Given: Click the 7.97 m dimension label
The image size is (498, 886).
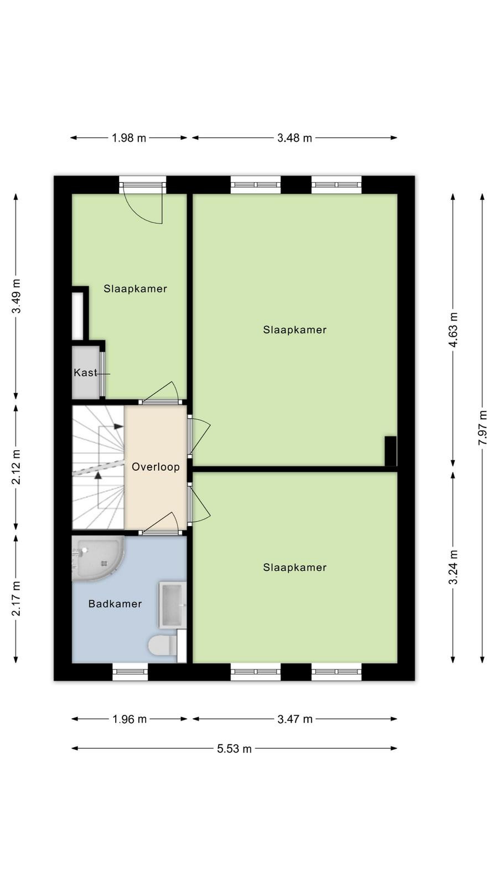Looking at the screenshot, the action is (482, 427).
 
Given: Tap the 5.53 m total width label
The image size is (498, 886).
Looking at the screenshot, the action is (234, 748).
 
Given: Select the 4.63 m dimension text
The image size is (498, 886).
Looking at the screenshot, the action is (453, 329).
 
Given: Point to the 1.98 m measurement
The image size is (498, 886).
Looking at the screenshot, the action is (129, 138).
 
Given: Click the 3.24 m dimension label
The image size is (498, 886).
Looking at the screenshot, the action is (453, 567).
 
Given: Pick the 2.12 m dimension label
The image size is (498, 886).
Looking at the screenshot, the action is (16, 467).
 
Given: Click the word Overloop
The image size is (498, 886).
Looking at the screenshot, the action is (155, 467).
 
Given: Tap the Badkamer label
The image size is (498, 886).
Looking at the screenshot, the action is (115, 604).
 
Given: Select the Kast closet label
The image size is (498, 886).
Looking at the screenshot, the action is (85, 373).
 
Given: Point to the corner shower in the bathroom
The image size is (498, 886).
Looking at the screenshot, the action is (98, 559).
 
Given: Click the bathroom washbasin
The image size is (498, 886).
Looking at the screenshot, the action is (173, 605).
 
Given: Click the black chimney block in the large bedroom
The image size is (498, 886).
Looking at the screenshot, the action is (391, 451).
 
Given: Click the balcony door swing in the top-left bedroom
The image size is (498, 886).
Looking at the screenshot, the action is (143, 203).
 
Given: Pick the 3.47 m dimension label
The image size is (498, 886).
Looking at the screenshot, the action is (295, 719).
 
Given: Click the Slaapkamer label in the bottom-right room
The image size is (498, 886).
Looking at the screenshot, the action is (295, 568).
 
